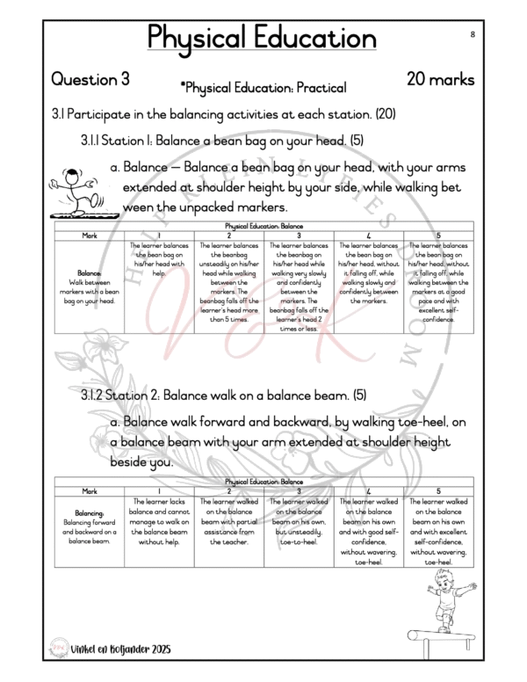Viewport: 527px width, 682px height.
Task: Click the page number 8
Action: [x=473, y=33]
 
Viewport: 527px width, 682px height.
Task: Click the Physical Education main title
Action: [x=263, y=38]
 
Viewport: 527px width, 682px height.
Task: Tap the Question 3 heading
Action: [x=90, y=79]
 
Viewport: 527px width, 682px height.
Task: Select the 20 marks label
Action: [x=441, y=79]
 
